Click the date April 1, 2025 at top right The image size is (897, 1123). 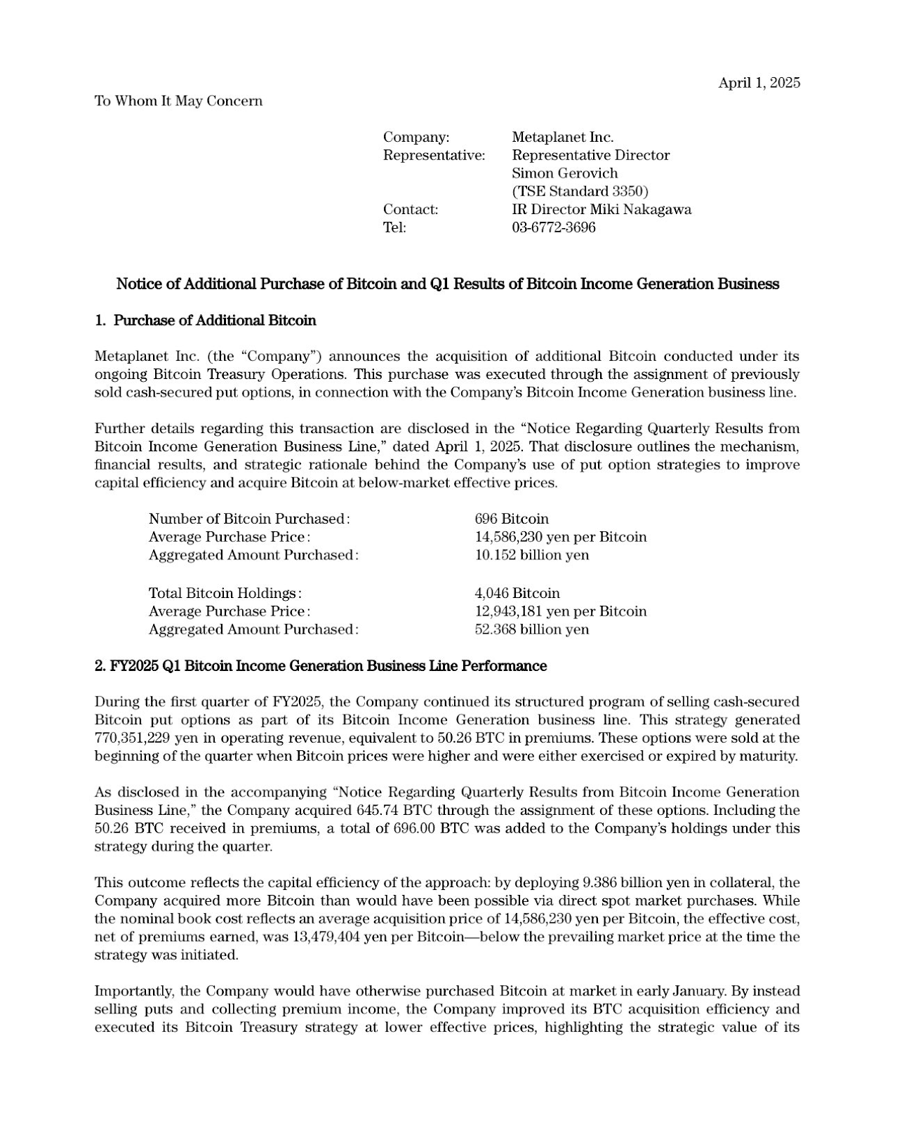click(x=759, y=83)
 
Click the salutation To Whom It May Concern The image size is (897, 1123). click(x=178, y=101)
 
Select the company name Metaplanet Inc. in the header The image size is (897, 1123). click(x=562, y=138)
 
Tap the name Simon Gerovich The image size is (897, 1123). click(x=564, y=173)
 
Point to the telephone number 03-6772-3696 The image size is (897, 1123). click(x=553, y=227)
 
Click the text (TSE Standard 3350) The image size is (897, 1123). click(x=580, y=191)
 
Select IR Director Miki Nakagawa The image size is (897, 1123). click(x=601, y=209)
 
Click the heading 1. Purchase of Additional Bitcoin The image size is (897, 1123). click(x=205, y=321)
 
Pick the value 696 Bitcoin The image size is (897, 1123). click(x=512, y=519)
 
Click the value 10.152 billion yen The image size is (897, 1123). click(x=532, y=555)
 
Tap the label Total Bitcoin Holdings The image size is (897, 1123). click(x=225, y=593)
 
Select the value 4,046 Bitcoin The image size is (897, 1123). click(x=517, y=593)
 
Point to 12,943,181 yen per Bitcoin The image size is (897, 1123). click(x=561, y=611)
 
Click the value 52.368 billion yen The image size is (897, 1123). click(x=532, y=630)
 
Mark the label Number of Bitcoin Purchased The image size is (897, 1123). click(x=248, y=519)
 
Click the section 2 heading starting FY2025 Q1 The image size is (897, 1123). click(x=320, y=666)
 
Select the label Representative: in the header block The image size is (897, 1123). click(x=434, y=155)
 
